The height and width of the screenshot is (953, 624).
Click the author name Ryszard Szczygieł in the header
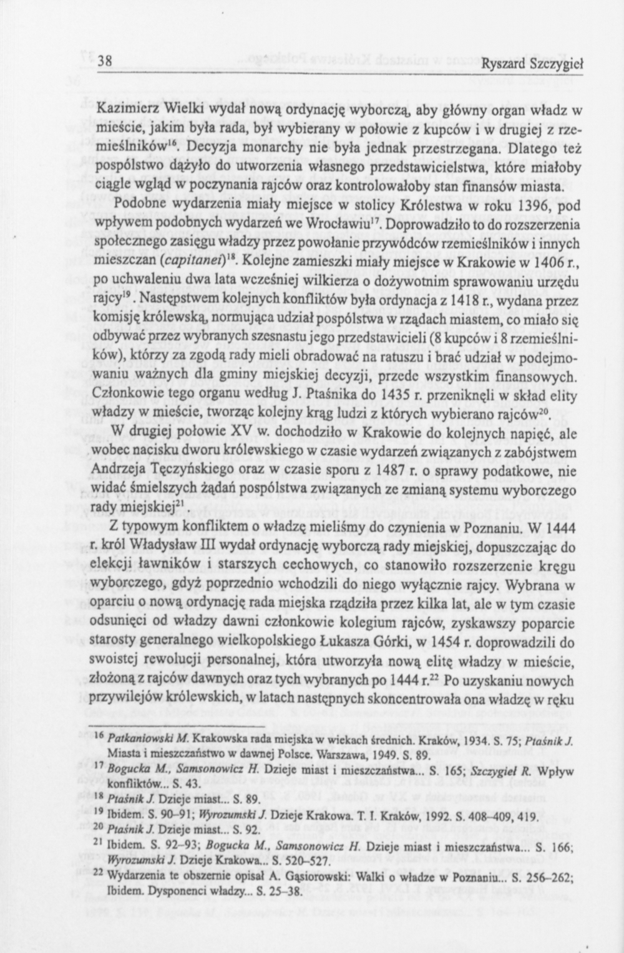point(532,64)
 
